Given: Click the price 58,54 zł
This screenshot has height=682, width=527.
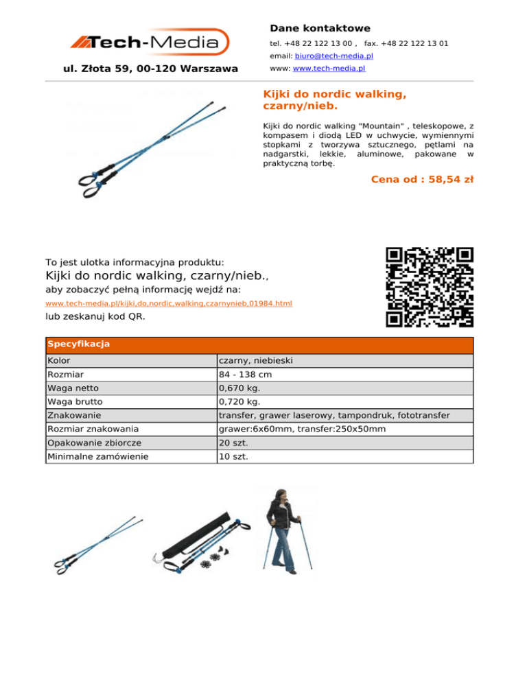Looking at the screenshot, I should (x=421, y=180).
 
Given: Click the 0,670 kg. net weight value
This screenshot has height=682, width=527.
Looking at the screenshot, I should (x=240, y=388).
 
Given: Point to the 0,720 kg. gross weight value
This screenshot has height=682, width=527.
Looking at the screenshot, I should (x=240, y=402).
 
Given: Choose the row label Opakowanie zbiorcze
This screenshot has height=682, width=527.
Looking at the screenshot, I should (x=84, y=443).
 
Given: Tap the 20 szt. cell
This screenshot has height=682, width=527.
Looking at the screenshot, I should (x=233, y=443).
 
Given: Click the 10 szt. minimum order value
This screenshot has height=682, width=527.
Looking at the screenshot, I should (x=233, y=456).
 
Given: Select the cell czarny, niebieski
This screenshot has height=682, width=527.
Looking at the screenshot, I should (x=256, y=361).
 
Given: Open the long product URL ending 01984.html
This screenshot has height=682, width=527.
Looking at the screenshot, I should (x=168, y=303).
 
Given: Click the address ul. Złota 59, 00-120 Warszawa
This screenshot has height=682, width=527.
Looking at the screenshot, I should (x=150, y=69).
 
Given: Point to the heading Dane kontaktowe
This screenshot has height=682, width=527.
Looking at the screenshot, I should (x=320, y=28).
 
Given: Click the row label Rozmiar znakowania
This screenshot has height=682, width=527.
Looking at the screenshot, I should (x=86, y=429).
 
